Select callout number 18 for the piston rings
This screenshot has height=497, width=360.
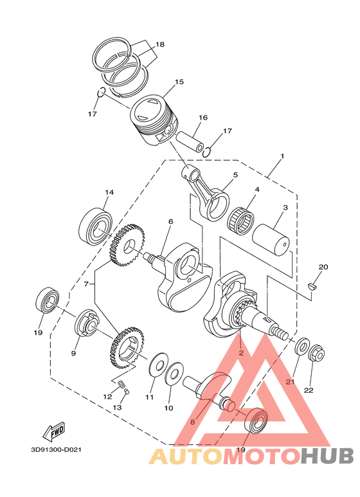159,44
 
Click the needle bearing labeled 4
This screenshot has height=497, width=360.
242,219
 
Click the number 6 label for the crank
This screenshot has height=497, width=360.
170,222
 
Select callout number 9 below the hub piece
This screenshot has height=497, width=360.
73,354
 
